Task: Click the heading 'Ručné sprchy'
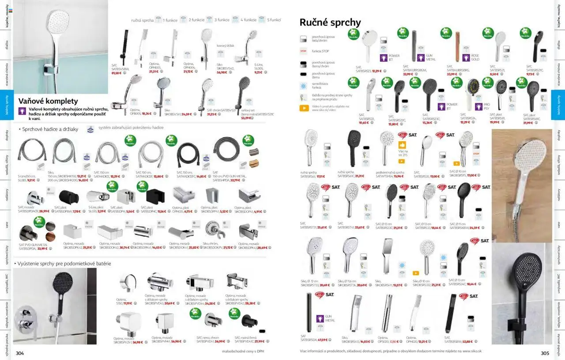pyautogui.click(x=330, y=22)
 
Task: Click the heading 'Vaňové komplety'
pyautogui.click(x=48, y=101)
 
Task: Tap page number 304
pyautogui.click(x=20, y=352)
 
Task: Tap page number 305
pyautogui.click(x=545, y=352)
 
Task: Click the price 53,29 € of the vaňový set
pyautogui.click(x=246, y=118)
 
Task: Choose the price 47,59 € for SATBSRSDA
pyautogui.click(x=323, y=340)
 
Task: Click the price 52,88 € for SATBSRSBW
pyautogui.click(x=467, y=341)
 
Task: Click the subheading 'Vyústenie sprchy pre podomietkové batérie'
pyautogui.click(x=64, y=263)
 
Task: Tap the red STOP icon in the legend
pyautogui.click(x=303, y=51)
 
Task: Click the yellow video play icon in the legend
pyautogui.click(x=304, y=108)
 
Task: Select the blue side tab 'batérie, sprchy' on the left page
pyautogui.click(x=7, y=105)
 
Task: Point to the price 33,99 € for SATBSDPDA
pyautogui.click(x=42, y=248)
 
